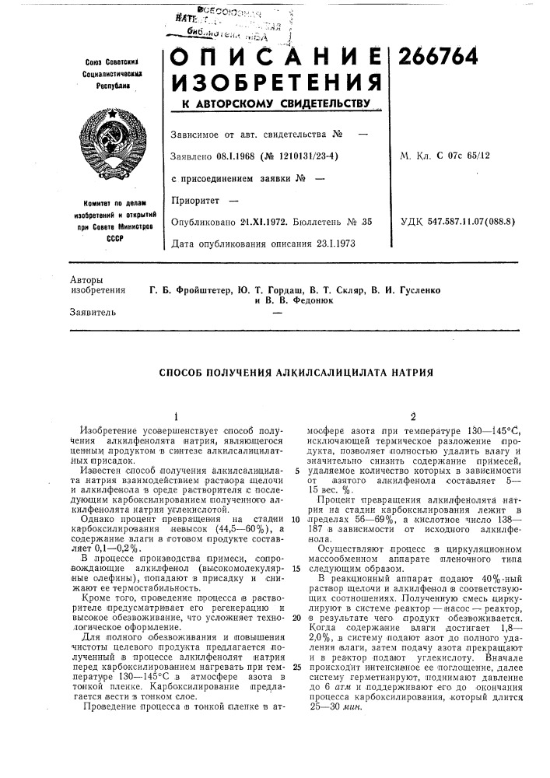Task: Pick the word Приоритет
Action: click(194, 202)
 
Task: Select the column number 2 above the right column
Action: click(403, 415)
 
